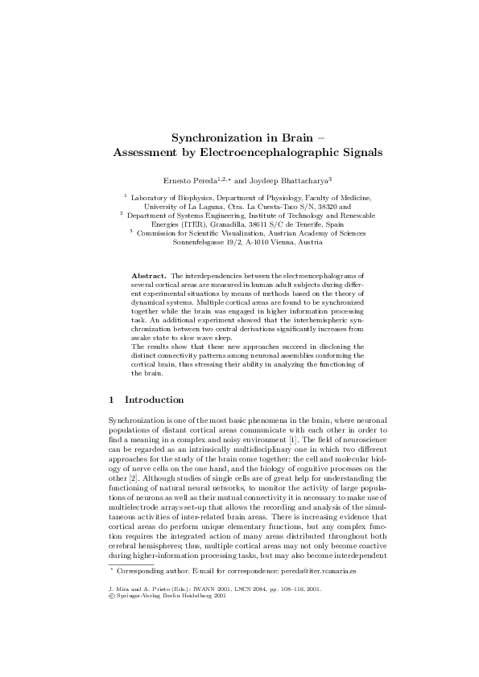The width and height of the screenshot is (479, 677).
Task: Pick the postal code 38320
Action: (322, 206)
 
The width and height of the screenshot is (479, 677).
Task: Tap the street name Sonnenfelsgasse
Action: (212, 242)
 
